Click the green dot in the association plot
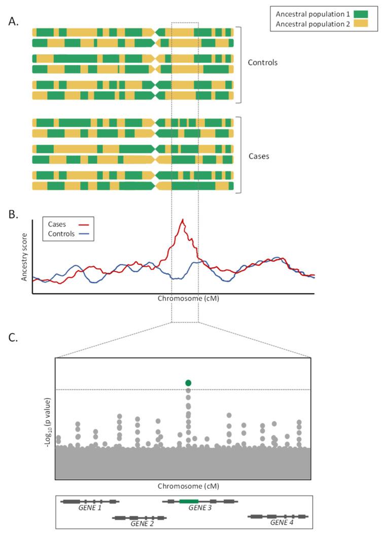pyautogui.click(x=189, y=383)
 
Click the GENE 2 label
pyautogui.click(x=141, y=523)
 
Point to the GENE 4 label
pyautogui.click(x=281, y=523)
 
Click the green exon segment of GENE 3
pyautogui.click(x=189, y=501)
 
